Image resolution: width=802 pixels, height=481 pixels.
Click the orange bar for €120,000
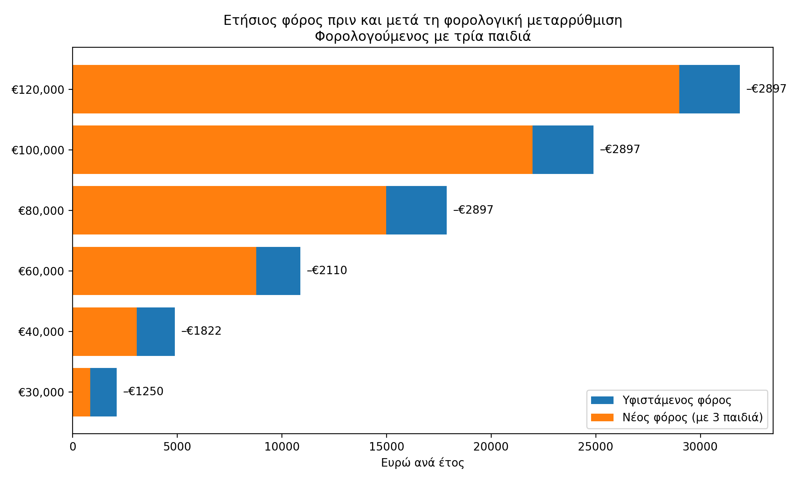376,89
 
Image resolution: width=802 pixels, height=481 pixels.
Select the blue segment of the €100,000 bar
563,150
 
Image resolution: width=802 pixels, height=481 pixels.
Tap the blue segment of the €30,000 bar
103,392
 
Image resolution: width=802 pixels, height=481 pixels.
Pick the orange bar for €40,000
105,331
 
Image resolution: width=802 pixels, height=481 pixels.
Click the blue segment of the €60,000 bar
278,271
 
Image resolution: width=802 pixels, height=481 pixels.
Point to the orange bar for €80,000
229,210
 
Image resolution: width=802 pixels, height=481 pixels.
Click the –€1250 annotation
143,391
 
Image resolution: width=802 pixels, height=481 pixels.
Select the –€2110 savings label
327,271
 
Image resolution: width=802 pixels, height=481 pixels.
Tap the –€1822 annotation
201,331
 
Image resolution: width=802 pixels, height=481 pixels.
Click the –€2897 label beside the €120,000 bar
766,89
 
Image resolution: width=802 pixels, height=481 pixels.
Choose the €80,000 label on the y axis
41,211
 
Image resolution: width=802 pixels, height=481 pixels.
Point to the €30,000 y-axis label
41,392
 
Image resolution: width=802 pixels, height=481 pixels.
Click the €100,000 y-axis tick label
38,150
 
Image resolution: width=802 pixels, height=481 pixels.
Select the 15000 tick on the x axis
386,447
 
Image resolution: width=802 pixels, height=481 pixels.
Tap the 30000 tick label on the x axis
700,447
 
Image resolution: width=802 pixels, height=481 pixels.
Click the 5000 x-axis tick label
177,447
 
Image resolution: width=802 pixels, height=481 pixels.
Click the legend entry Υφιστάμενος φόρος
676,400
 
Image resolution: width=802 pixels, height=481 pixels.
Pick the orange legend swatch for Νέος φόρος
602,417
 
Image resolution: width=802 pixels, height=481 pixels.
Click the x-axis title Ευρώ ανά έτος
422,463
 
